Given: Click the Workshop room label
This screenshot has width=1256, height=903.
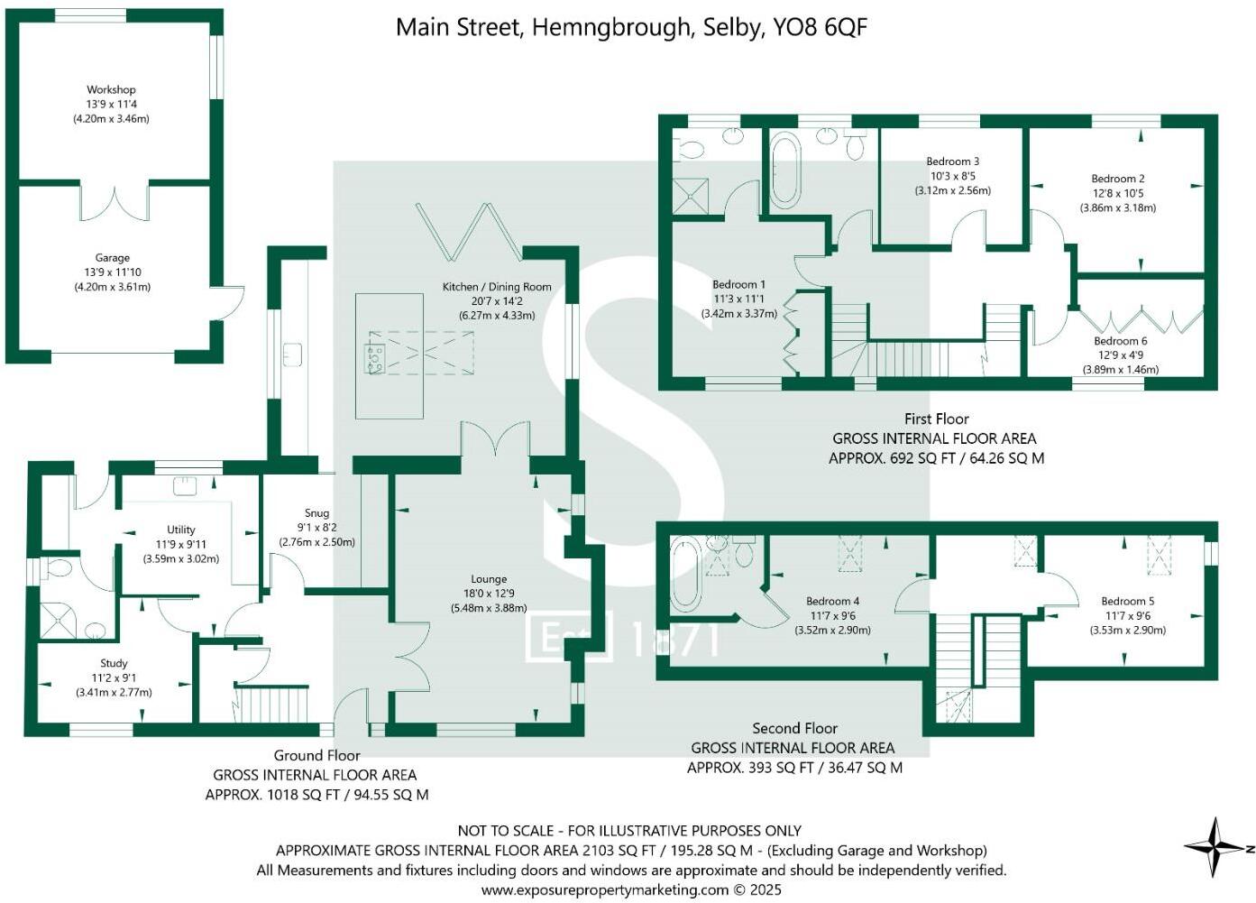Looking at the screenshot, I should [x=111, y=90].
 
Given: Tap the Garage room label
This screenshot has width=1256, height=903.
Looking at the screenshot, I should [x=113, y=258].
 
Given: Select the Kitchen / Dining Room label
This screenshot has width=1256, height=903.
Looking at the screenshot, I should [x=496, y=287].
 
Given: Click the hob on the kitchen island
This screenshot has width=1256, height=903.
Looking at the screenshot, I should [x=374, y=357].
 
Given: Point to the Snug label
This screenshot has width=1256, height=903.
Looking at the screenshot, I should [x=316, y=513].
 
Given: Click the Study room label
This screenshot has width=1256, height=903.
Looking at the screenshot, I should [x=114, y=663].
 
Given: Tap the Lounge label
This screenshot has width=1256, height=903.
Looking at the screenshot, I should [x=489, y=579].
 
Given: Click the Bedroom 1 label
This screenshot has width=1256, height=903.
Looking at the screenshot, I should [x=738, y=285].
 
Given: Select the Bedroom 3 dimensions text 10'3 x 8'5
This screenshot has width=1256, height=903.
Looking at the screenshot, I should [x=952, y=177].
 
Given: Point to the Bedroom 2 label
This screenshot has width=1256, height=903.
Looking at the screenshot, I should [x=1117, y=179].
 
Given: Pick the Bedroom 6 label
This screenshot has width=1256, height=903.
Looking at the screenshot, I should [x=1120, y=341].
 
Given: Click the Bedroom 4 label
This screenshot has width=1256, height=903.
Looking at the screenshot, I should [x=832, y=601].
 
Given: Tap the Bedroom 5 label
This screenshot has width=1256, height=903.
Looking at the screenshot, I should [x=1127, y=601].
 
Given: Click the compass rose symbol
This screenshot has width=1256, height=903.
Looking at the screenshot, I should [x=1215, y=847].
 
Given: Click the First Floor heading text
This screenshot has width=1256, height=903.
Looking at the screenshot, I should [x=936, y=419].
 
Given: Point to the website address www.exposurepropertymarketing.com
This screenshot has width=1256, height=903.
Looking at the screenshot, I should [x=604, y=889].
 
